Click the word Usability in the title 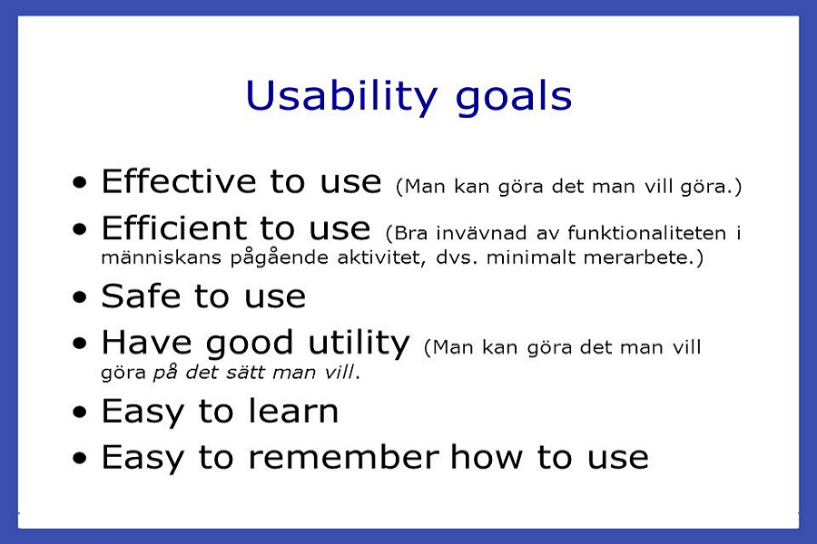[341, 97]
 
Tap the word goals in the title [514, 100]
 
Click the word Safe [141, 296]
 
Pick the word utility [359, 345]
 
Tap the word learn [293, 411]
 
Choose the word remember [343, 457]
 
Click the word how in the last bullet [487, 457]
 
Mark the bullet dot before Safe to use [80, 297]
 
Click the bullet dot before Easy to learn [80, 413]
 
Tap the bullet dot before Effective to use [80, 182]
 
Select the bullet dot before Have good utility [80, 344]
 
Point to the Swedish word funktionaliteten [646, 233]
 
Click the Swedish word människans [161, 257]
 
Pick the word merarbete [639, 257]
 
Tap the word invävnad [481, 233]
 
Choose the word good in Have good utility [249, 345]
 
